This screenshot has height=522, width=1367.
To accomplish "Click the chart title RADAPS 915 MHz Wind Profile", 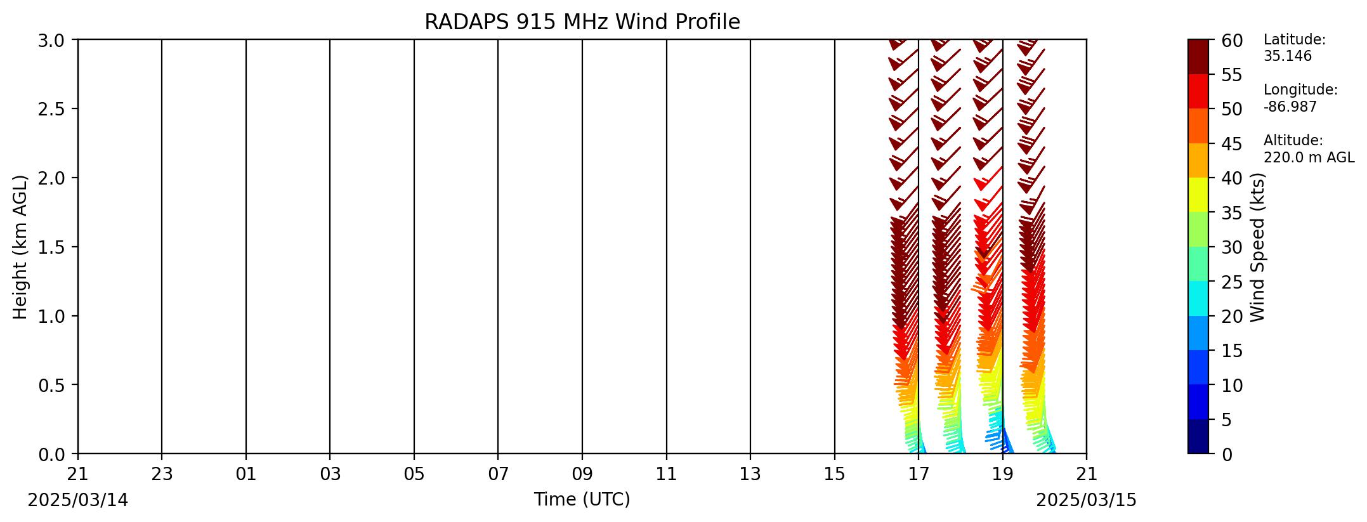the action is click(x=582, y=22).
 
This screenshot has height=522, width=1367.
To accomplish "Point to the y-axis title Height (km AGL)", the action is click(x=20, y=247).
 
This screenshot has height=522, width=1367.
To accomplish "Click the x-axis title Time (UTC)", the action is click(x=582, y=500).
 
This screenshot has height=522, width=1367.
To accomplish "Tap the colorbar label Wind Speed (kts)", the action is click(x=1258, y=247).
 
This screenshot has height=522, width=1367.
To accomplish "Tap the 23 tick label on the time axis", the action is click(x=162, y=473).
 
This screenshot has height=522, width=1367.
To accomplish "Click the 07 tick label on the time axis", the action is click(x=498, y=473).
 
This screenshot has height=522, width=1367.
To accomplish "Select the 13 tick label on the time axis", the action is click(x=750, y=473).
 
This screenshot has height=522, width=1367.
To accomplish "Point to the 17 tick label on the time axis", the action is click(x=919, y=473).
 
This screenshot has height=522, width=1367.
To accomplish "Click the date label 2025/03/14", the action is click(x=78, y=500).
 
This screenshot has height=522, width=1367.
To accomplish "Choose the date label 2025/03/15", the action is click(x=1087, y=500).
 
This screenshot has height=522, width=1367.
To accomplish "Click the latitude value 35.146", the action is click(x=1288, y=56).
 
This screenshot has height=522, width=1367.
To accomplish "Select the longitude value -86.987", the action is click(x=1290, y=107).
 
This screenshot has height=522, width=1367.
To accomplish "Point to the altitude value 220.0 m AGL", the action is click(x=1309, y=157).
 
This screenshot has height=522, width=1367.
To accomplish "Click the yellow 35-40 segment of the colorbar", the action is click(x=1198, y=195).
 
